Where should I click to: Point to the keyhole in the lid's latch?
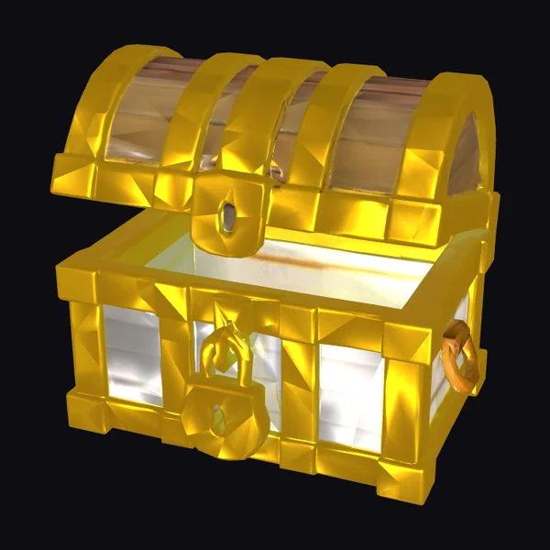click(x=226, y=217)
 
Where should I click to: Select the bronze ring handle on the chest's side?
click(x=459, y=358)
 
